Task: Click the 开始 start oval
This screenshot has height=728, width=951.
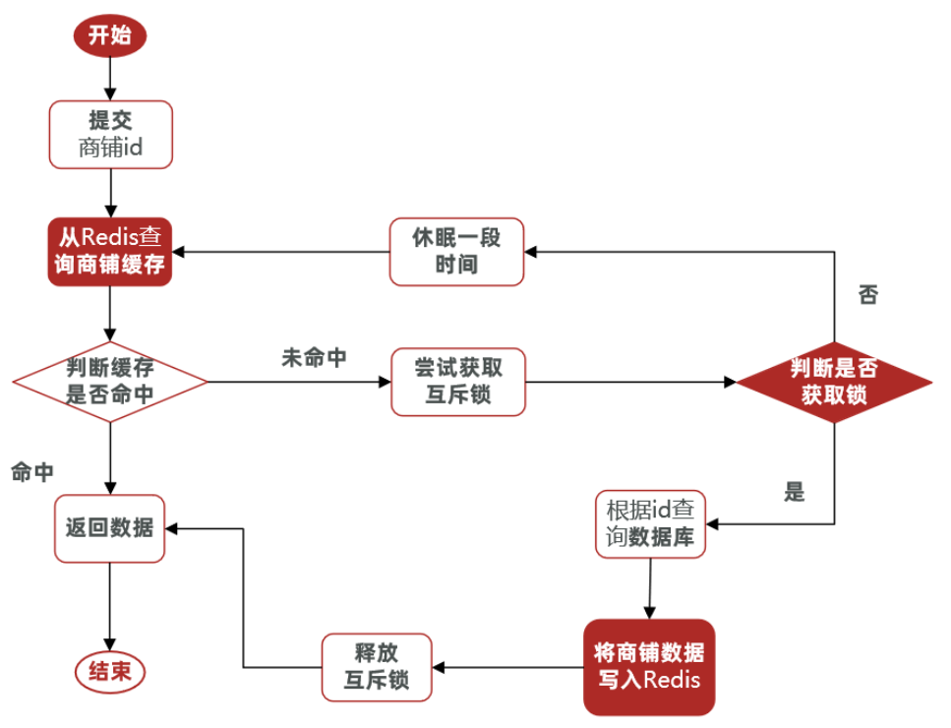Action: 110,36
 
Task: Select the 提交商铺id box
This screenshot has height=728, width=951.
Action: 110,134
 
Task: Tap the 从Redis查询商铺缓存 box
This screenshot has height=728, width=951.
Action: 110,252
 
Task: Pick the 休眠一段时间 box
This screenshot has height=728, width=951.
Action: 455,252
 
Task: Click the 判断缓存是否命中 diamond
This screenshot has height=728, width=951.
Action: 110,382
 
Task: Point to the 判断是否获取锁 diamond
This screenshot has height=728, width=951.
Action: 834,382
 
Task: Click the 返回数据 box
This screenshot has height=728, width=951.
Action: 109,528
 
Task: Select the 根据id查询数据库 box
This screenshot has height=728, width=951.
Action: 650,524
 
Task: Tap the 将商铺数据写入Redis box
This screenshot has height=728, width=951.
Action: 648,667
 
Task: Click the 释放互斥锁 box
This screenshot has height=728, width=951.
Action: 377,667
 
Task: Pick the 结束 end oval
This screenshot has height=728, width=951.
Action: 109,672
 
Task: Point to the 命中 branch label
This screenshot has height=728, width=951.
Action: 32,472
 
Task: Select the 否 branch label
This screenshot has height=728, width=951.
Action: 867,295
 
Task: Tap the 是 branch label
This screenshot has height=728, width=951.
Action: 795,492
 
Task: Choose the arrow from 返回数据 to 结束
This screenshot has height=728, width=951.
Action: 109,606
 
